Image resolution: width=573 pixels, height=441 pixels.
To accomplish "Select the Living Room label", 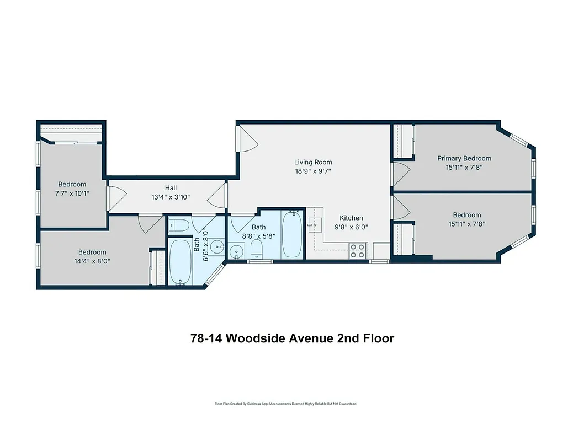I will [313, 162].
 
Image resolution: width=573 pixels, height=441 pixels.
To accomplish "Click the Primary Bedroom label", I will [464, 158].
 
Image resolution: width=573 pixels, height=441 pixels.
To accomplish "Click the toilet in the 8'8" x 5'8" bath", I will [256, 249].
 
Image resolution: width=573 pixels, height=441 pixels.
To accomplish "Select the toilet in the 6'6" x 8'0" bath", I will [179, 225].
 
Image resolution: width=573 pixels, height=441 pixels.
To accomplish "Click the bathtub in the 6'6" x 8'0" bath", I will [179, 261].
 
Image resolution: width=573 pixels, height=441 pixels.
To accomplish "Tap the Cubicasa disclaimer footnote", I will [286, 404].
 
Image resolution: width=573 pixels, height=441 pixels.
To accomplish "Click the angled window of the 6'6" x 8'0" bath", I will [214, 276].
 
